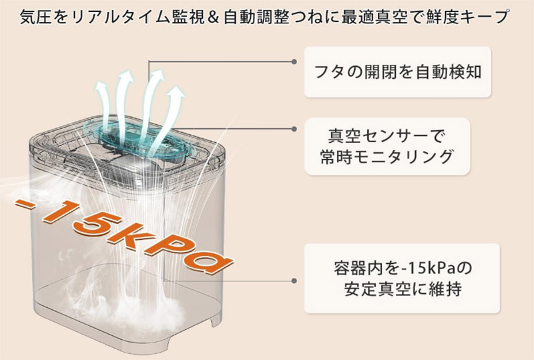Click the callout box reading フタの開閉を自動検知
click(x=397, y=72)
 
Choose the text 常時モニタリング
click(x=386, y=157)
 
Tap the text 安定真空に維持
click(x=403, y=289)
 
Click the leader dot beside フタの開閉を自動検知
click(x=294, y=61)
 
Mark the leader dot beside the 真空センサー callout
click(x=294, y=129)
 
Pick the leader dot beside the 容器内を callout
click(x=294, y=281)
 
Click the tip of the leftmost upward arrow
click(x=101, y=83)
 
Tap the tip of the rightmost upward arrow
click(x=178, y=87)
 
